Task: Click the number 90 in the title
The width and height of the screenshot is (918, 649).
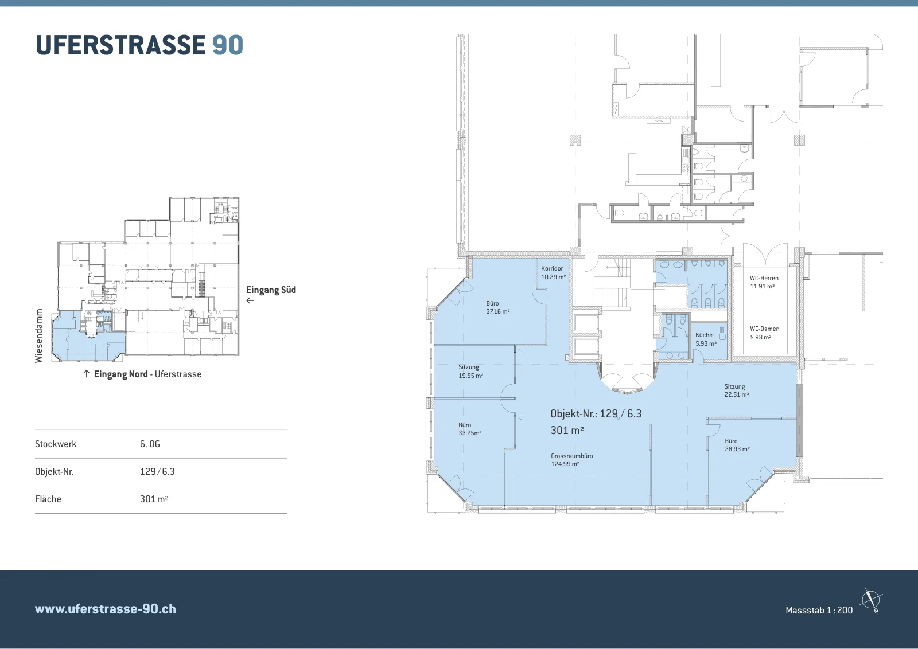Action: [228, 45]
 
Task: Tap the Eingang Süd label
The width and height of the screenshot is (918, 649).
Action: [271, 290]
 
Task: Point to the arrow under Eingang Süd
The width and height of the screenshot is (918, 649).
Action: [250, 300]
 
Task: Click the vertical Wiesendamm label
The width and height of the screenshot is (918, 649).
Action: [39, 336]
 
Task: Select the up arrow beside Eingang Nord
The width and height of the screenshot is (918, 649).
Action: [86, 374]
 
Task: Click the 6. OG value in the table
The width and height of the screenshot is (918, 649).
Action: [150, 444]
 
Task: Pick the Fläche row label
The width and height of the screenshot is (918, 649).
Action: [48, 499]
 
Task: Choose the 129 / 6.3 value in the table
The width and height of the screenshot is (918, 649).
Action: [157, 471]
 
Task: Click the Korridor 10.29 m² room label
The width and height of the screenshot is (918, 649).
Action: [553, 273]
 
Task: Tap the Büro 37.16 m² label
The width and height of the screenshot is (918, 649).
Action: [498, 307]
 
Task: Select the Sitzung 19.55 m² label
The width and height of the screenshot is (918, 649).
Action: [470, 372]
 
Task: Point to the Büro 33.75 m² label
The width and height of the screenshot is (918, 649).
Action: [470, 429]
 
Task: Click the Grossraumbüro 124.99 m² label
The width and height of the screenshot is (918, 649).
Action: [571, 460]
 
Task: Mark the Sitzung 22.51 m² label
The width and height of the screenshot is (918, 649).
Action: [737, 390]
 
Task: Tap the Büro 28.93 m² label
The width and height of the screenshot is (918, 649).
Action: [737, 445]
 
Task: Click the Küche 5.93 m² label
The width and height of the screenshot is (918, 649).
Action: [706, 339]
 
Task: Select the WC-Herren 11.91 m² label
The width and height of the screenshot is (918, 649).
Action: [764, 282]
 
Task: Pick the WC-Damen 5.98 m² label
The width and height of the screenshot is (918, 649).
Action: [764, 333]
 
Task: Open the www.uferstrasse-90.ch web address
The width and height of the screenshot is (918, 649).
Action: [106, 609]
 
